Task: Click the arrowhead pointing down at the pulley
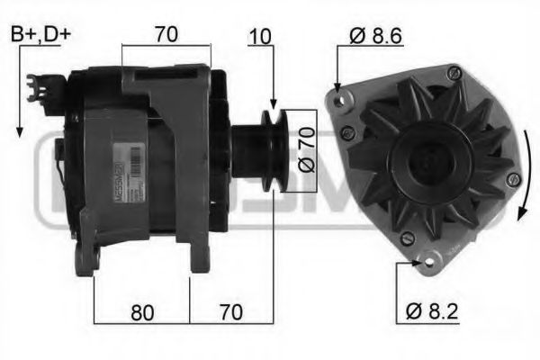click(x=272, y=104)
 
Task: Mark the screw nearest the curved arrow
click(x=512, y=179)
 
